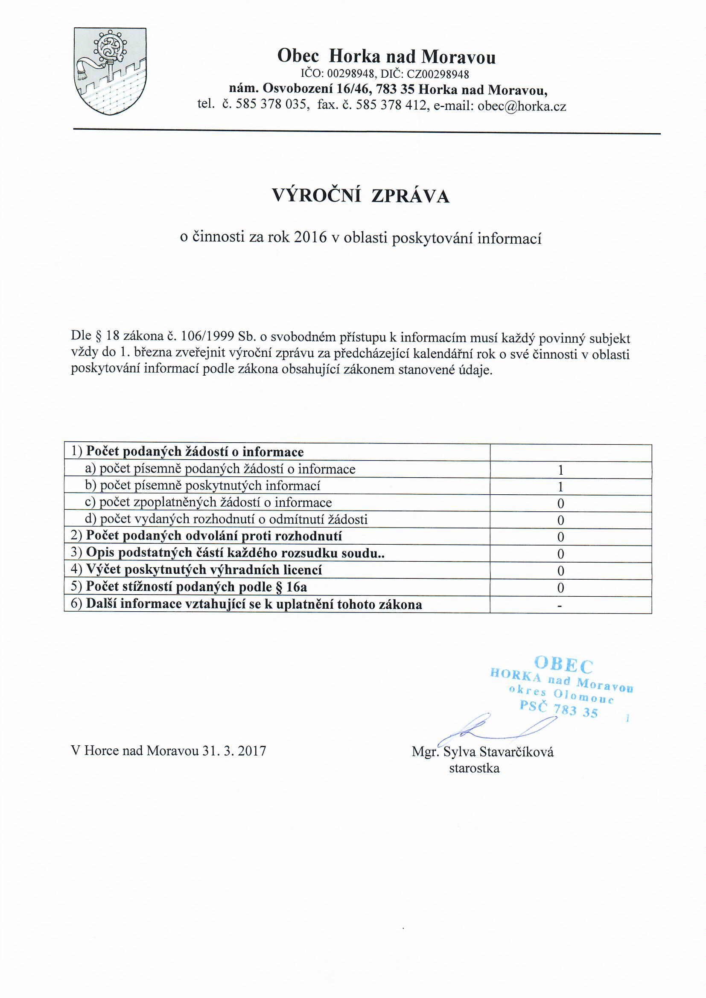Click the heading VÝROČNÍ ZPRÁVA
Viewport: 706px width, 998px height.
click(360, 196)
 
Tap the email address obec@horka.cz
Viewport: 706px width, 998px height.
click(522, 106)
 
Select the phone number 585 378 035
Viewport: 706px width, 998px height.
click(271, 105)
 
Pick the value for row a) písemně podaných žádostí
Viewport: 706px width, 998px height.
click(561, 470)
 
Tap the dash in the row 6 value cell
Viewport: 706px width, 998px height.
click(561, 605)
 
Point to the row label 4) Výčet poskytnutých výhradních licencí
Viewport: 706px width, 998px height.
click(197, 570)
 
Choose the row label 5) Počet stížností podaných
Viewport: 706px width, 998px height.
click(189, 587)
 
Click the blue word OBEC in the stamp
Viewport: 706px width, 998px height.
click(563, 664)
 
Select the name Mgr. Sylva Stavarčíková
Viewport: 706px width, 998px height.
click(483, 752)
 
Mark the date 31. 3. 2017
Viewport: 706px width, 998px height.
click(234, 751)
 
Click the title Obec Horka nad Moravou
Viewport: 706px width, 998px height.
click(386, 57)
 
